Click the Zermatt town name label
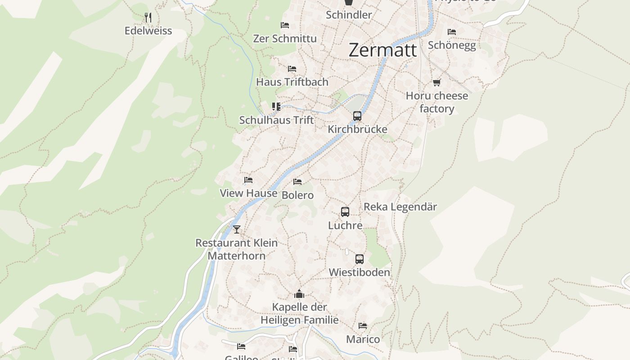tap(383, 50)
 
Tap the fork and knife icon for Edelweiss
tap(148, 18)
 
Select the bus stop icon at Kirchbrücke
tap(357, 116)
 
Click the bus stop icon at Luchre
tap(345, 212)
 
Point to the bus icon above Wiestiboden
tap(359, 259)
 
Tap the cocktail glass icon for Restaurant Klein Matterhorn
tap(237, 229)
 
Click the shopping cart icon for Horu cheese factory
tap(436, 82)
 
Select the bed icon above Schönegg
tap(452, 32)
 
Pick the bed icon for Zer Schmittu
tap(284, 25)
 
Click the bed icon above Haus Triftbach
tap(292, 69)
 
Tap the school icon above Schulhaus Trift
tap(276, 107)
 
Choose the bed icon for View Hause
tap(248, 180)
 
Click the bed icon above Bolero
tap(297, 182)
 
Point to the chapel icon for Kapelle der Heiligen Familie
tap(299, 294)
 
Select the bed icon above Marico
tap(363, 326)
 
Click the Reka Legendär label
tap(400, 207)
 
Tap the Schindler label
tap(349, 15)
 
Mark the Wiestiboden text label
tap(359, 272)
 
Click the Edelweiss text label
tap(148, 31)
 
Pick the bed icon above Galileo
tap(241, 346)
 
